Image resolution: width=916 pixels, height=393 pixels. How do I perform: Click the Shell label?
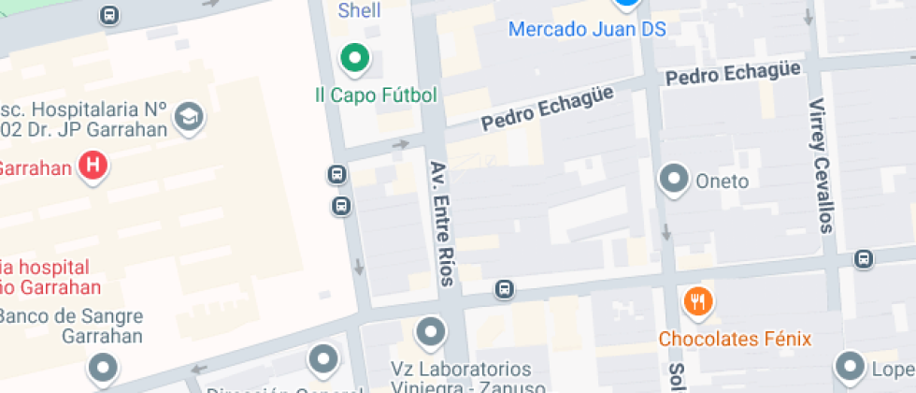[x=360, y=11]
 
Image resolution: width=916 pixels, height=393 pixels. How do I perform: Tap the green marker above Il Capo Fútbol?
[x=354, y=59]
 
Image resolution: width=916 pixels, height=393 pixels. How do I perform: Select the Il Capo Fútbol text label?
[x=376, y=95]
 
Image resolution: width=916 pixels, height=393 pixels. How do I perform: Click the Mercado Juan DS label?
[x=587, y=29]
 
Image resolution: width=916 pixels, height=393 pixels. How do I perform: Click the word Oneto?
[x=723, y=182]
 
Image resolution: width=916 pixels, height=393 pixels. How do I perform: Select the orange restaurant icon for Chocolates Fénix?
[x=698, y=301]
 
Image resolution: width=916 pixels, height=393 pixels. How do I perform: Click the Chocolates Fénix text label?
[x=735, y=339]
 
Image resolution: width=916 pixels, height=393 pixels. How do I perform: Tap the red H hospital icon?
[x=93, y=167]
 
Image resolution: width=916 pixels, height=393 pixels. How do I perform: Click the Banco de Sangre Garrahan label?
[x=70, y=326]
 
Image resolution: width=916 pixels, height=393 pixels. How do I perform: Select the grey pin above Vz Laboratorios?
[x=430, y=331]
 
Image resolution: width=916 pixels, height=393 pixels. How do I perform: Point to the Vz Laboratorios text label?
[x=461, y=378]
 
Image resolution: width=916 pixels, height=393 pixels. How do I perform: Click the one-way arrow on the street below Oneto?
[x=666, y=231]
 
